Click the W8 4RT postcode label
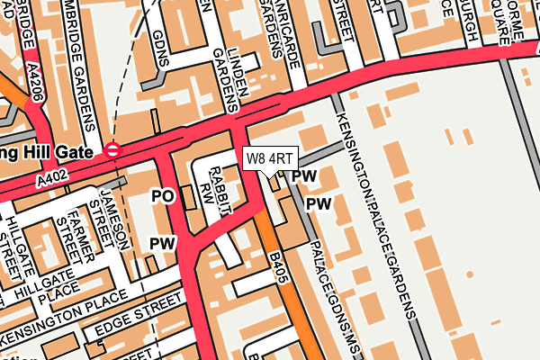(269, 157)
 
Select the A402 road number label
(52, 181)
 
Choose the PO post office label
(162, 195)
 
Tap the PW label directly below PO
(161, 243)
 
